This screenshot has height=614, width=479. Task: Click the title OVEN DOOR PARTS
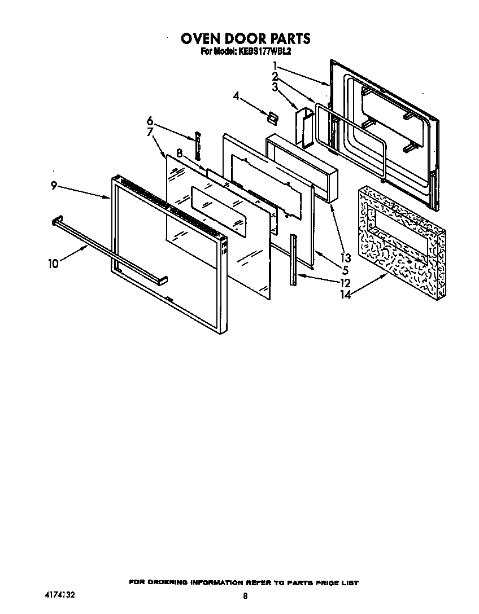coord(245,38)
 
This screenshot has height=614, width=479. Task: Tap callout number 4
coord(236,97)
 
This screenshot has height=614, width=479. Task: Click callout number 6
coord(150,120)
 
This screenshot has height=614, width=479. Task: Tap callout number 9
coord(54,185)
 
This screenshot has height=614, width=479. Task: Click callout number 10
coord(53,264)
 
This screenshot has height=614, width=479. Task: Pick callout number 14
coord(345,294)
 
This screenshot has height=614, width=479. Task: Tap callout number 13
coord(346,258)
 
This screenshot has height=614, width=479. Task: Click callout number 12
coord(345,283)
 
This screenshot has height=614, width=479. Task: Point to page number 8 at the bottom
coord(245,596)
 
